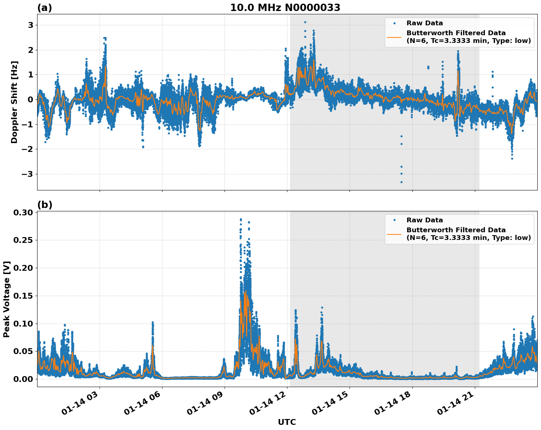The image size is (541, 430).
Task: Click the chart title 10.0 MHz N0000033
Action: [285, 8]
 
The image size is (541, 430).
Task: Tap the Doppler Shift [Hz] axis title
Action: [14, 102]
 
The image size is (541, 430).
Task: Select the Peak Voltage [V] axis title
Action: [7, 299]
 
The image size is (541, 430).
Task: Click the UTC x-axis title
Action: [287, 422]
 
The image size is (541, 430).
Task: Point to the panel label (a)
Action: [44, 8]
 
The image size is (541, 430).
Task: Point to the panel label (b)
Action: [44, 205]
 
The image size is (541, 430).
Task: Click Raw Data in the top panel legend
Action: [424, 23]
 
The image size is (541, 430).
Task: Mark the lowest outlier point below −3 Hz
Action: [401, 182]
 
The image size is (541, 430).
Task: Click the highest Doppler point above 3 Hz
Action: [305, 22]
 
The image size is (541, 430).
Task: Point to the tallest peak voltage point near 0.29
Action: [241, 219]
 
